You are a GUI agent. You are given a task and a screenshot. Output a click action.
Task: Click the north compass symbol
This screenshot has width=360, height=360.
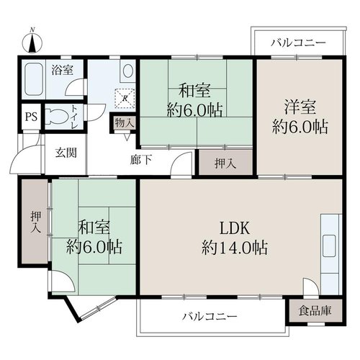point(32,42)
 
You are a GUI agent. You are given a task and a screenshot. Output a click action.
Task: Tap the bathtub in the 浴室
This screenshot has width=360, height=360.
point(33,79)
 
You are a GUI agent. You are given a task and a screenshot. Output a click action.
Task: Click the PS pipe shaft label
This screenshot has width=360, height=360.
point(32,117)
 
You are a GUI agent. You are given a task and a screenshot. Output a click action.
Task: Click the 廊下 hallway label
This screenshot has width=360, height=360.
point(141,160)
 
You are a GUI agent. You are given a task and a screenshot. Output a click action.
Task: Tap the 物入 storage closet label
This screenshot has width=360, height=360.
point(124,123)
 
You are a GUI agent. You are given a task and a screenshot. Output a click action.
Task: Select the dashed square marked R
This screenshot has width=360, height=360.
point(125,98)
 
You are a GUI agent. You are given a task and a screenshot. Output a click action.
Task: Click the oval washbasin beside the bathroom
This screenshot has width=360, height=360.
point(128,71)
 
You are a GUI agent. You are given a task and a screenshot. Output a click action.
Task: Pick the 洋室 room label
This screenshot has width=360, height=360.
point(300,107)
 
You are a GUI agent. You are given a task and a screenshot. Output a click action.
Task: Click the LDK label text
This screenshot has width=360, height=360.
point(235,228)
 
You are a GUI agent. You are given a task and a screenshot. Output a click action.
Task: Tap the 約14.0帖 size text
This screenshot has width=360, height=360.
point(235,248)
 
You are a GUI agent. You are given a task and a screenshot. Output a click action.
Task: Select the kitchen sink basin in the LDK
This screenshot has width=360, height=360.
point(329,246)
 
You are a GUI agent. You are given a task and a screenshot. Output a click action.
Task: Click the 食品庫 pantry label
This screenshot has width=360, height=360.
point(315,311)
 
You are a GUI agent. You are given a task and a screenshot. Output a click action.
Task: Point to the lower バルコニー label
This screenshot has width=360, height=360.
point(210,317)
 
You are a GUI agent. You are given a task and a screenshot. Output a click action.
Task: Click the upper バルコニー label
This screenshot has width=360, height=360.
point(299,43)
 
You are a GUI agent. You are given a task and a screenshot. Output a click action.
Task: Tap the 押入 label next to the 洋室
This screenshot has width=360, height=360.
point(225,164)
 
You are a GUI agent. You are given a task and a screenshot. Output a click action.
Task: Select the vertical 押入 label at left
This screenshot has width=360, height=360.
point(36,222)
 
